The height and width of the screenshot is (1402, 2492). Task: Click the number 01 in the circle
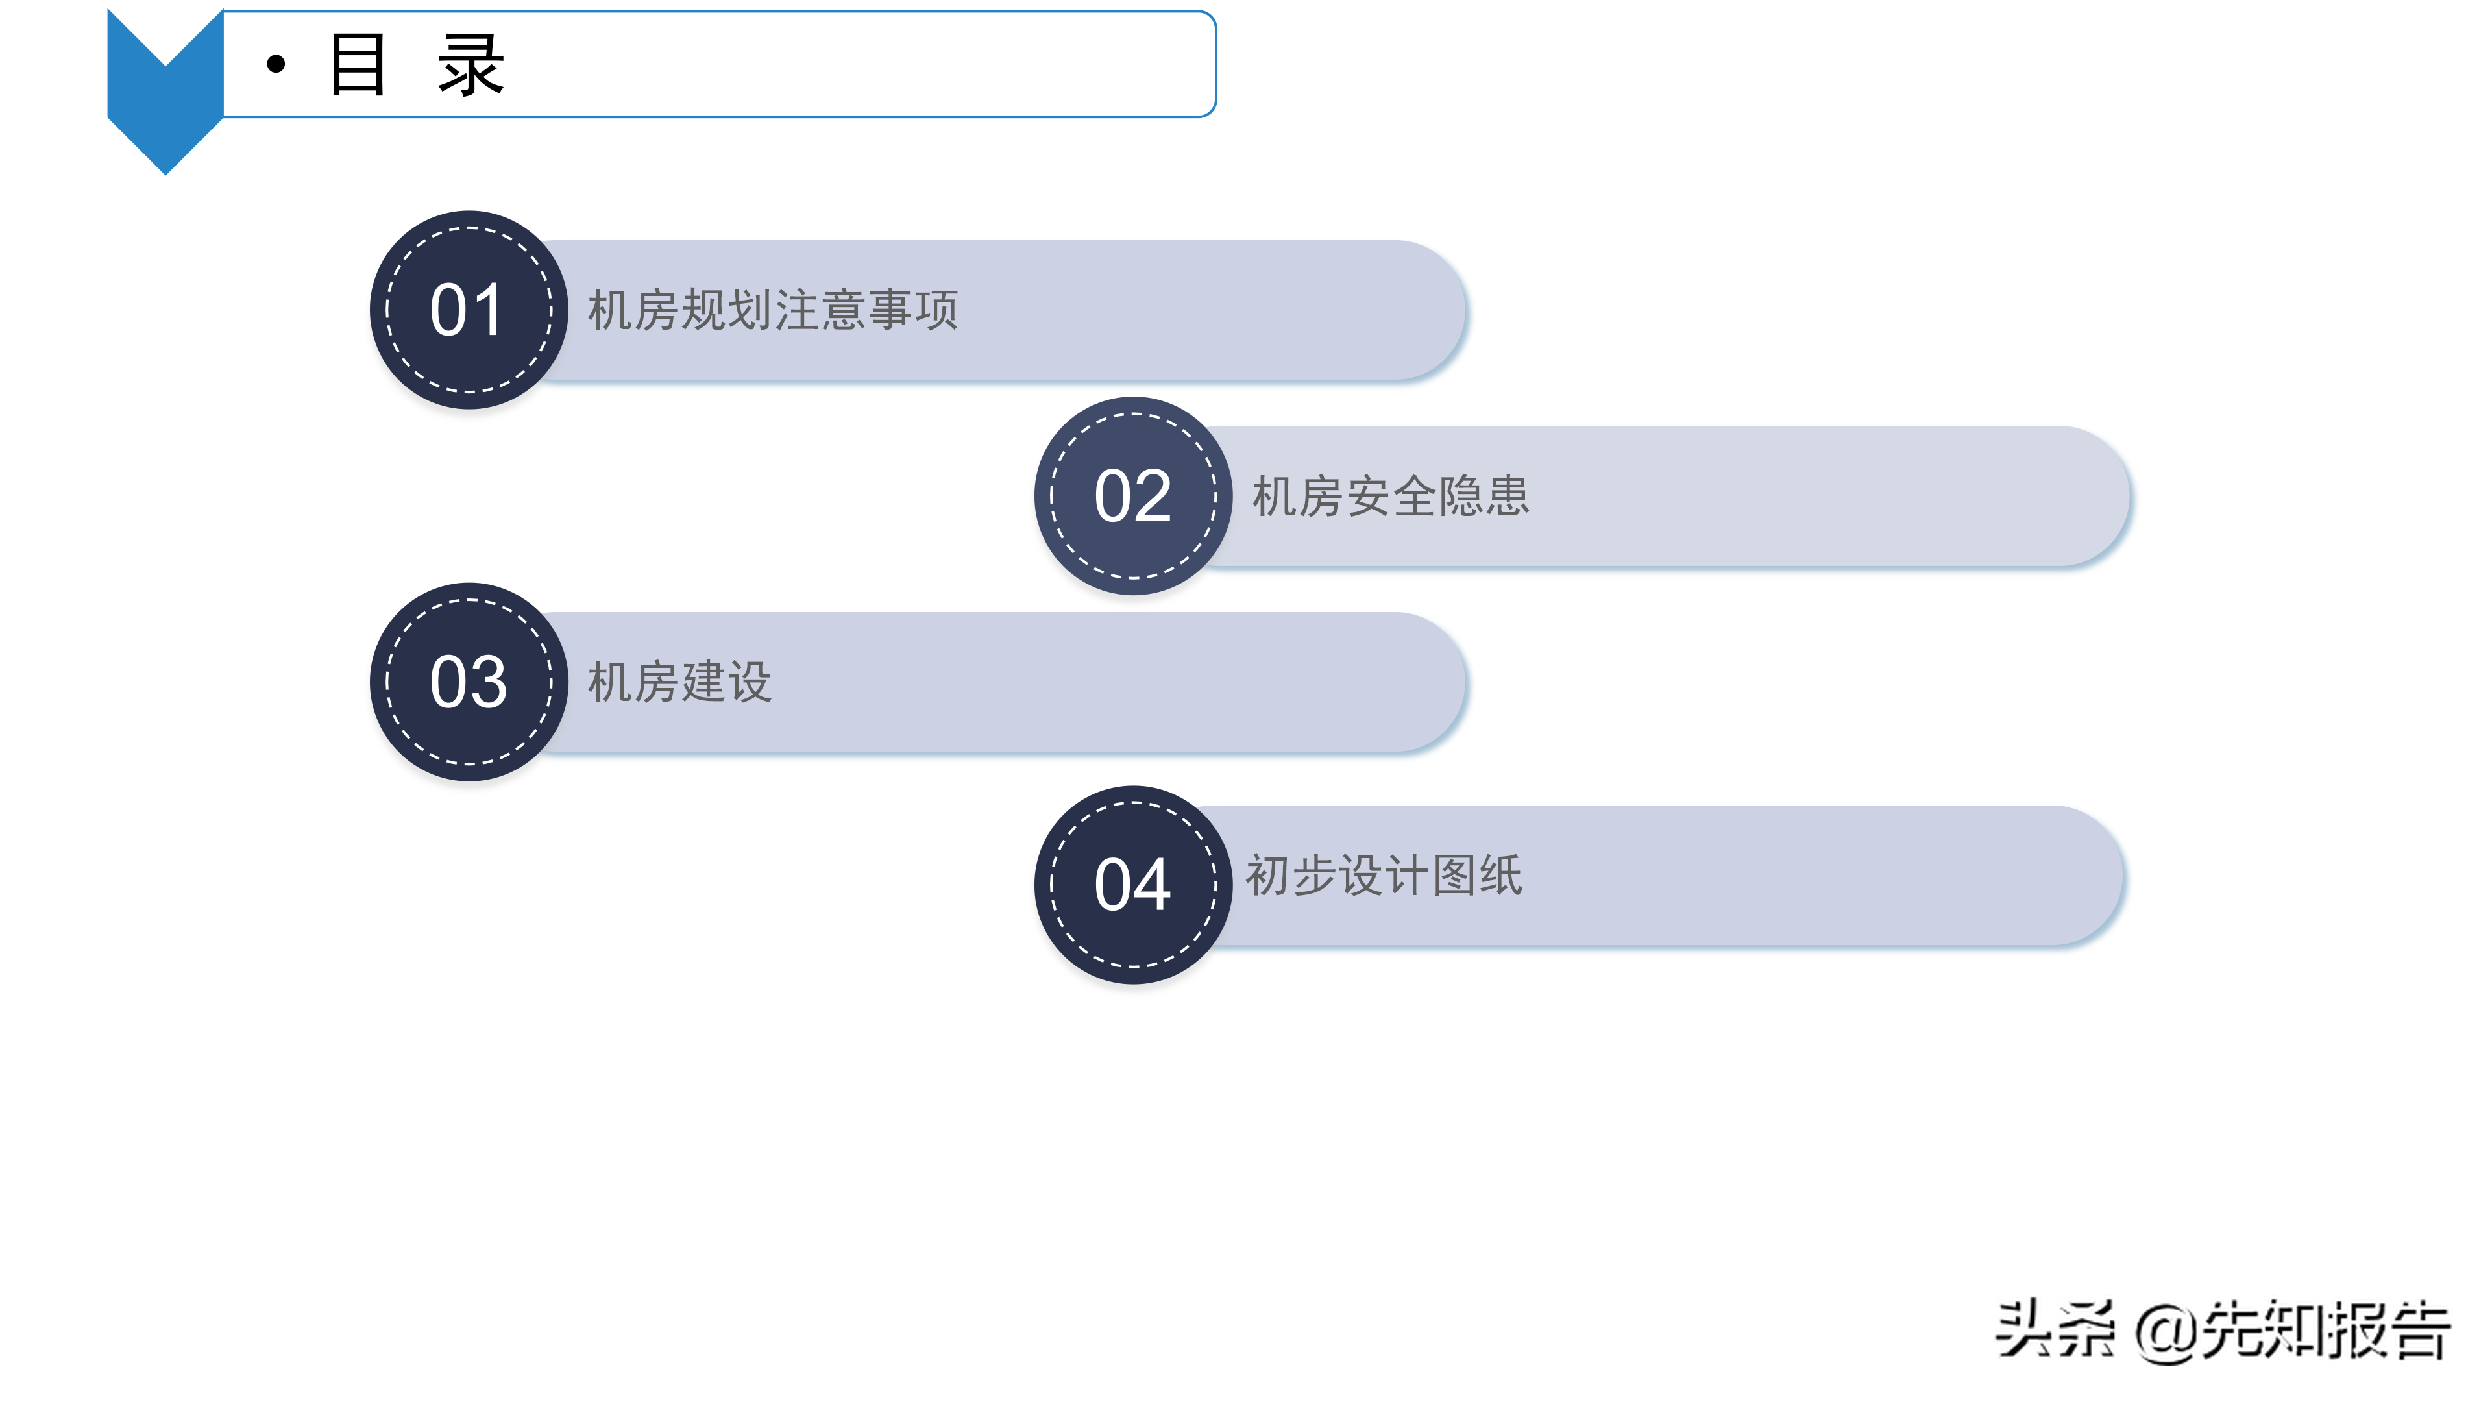pos(467,311)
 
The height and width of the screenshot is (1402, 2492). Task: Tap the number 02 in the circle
pos(1132,497)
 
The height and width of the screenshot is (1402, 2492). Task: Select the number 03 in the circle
pos(467,682)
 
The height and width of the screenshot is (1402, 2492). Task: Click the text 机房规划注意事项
pos(773,311)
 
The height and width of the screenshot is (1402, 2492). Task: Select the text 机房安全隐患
pos(1390,497)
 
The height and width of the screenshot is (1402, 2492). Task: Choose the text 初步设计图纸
pos(1384,876)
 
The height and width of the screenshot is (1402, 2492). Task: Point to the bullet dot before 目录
pos(276,65)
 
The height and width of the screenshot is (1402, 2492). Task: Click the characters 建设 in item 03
pos(727,682)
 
